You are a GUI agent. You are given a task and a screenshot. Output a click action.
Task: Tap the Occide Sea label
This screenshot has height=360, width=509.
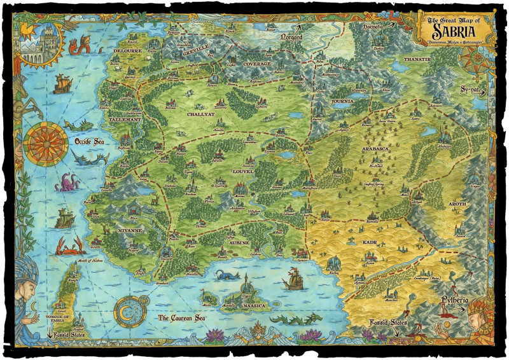click(90, 141)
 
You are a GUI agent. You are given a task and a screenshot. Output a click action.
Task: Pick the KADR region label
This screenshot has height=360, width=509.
click(370, 243)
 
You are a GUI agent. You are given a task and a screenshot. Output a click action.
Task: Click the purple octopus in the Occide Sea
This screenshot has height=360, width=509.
click(66, 183)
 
